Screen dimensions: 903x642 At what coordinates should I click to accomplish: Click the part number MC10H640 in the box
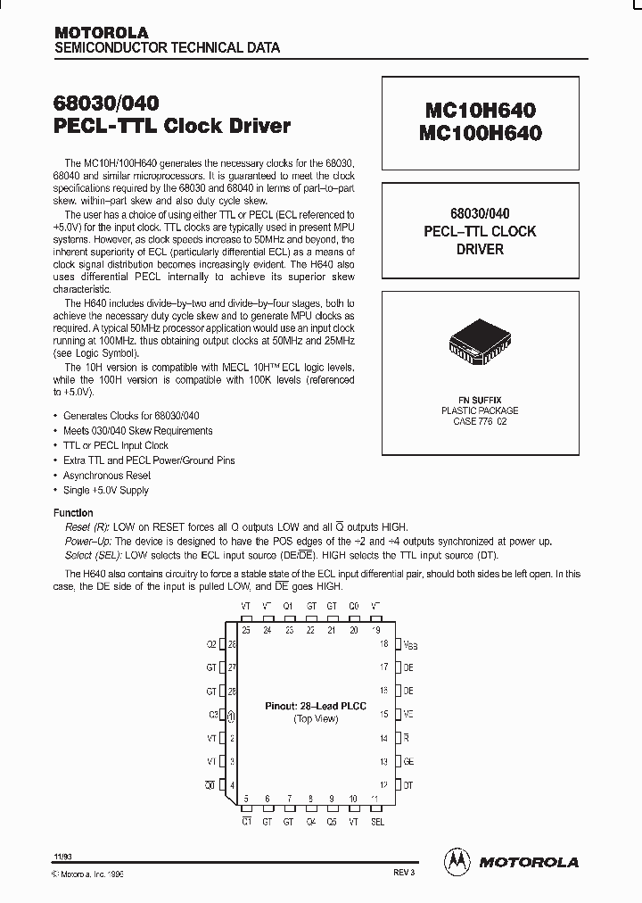pos(480,111)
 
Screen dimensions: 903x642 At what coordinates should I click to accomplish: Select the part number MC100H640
pos(480,132)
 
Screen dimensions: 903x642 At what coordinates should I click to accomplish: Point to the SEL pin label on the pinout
pos(377,822)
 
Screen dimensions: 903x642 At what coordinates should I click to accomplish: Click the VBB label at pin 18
pos(409,643)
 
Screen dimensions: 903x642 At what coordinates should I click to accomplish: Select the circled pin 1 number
pos(232,715)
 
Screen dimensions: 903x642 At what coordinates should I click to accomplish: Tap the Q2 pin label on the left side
pos(211,643)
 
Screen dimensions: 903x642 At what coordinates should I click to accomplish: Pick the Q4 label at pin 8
pos(310,822)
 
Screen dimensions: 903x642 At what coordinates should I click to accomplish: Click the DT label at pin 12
pos(408,785)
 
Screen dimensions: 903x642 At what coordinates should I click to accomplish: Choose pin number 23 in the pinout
pos(289,629)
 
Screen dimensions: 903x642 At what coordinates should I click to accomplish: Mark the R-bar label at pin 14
pos(407,739)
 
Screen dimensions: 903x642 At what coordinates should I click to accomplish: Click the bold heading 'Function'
pos(73,513)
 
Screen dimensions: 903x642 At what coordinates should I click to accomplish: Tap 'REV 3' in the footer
pos(404,874)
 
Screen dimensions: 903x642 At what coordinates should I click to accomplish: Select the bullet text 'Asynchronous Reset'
pos(105,476)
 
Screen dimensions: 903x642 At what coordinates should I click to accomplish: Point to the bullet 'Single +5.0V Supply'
pos(105,491)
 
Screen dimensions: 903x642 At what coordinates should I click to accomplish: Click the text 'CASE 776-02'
pos(480,422)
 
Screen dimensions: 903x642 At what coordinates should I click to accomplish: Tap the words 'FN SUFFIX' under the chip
pos(480,399)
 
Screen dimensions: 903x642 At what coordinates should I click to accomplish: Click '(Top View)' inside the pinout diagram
pos(315,718)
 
